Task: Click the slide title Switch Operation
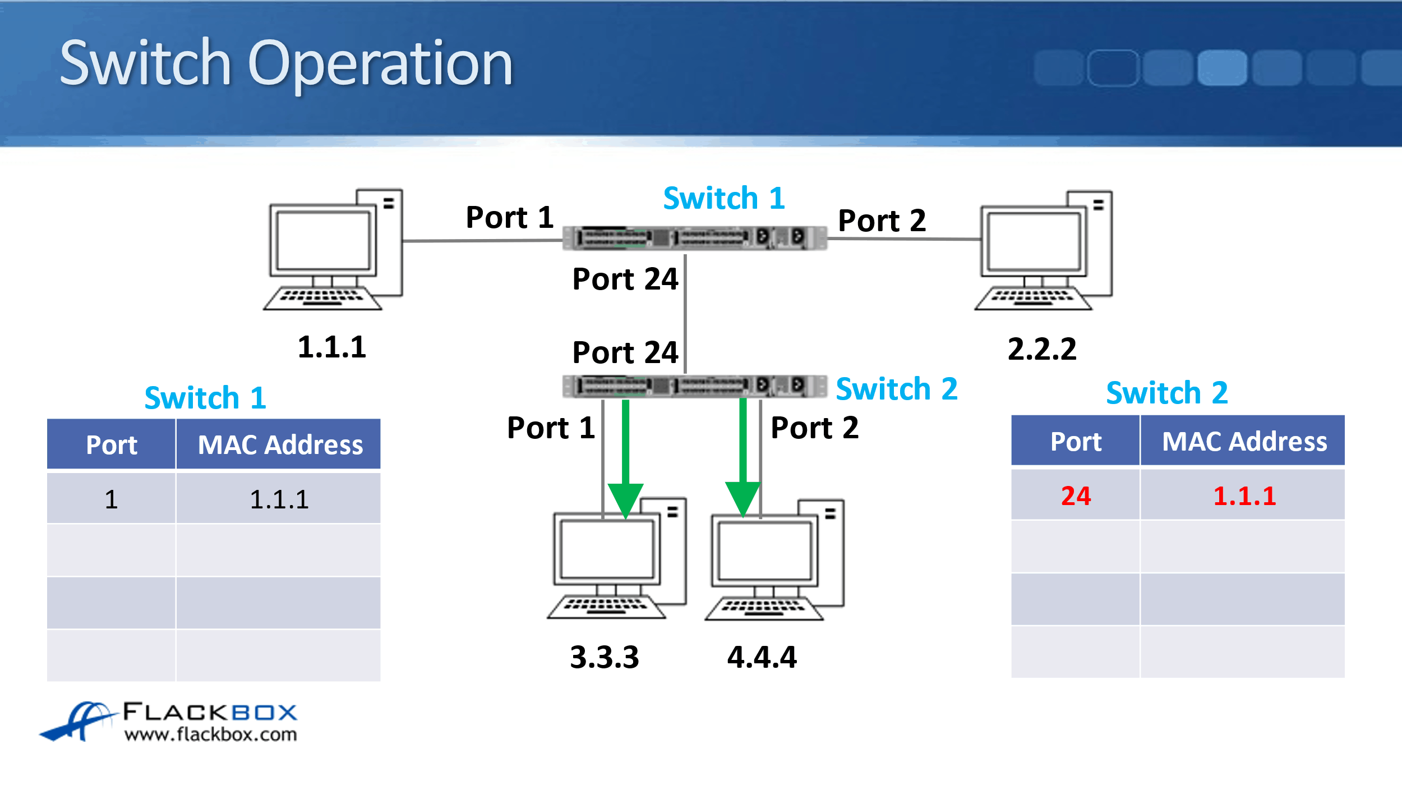[286, 63]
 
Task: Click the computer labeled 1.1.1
[333, 250]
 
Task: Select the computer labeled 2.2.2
[1044, 251]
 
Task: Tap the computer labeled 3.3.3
[616, 558]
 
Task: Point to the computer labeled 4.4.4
[774, 560]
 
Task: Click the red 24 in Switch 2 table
[1076, 496]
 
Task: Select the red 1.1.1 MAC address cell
[1244, 496]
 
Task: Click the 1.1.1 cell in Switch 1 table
[279, 499]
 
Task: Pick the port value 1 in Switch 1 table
[111, 499]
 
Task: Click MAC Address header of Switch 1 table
[280, 444]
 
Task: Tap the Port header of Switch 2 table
[1076, 442]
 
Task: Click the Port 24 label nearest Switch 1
[625, 279]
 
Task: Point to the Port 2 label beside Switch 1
[882, 221]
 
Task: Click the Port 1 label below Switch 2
[551, 428]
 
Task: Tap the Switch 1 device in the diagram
[694, 238]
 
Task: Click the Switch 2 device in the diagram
[694, 386]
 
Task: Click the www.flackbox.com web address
[210, 734]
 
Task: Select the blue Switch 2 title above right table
[1167, 393]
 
